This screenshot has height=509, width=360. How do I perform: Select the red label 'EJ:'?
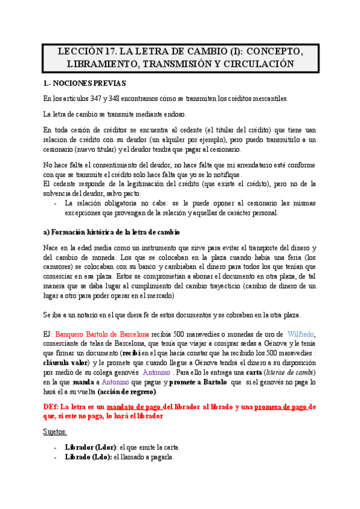tap(49, 334)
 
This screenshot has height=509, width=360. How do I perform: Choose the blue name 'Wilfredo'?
tap(301, 334)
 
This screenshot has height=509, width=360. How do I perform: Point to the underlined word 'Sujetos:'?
tap(55, 431)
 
